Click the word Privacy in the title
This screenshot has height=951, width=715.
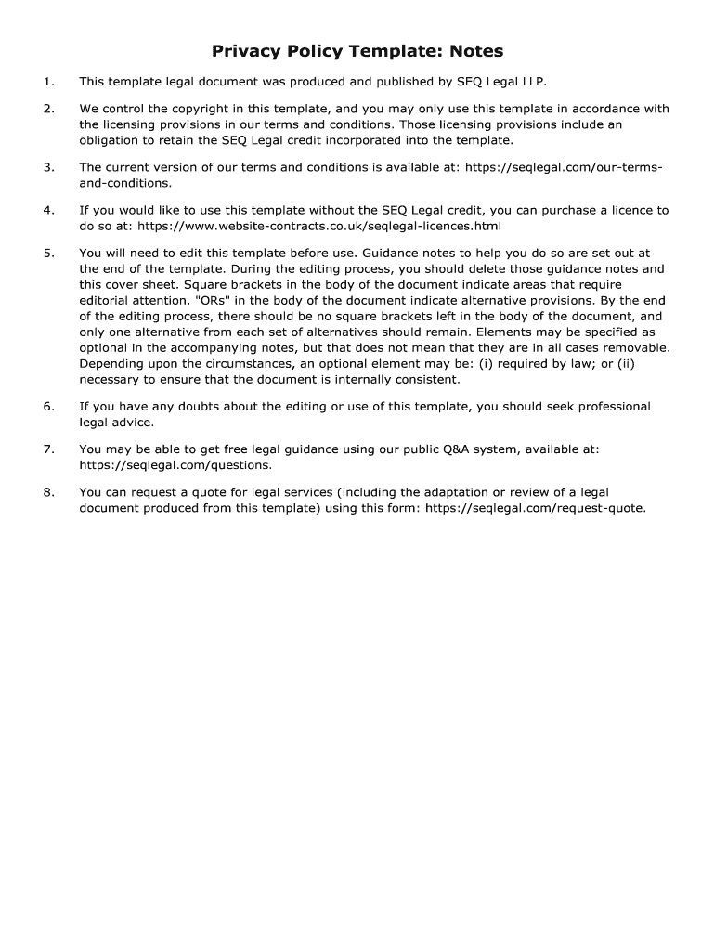(x=246, y=50)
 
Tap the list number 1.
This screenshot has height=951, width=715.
(x=47, y=81)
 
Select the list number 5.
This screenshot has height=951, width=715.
(x=47, y=253)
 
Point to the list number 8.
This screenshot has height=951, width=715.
(x=47, y=492)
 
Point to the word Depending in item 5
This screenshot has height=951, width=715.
(x=110, y=363)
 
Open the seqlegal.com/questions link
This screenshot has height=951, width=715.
(x=175, y=465)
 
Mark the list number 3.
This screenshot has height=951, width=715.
(x=47, y=167)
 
